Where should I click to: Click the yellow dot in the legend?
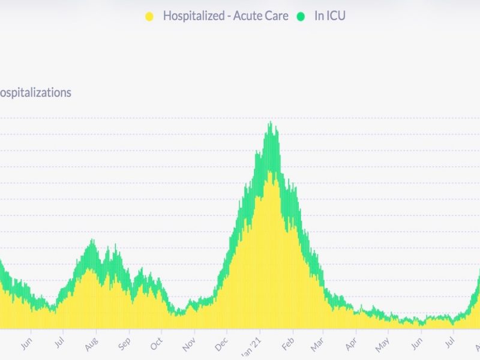[149, 16]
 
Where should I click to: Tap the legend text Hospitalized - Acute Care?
[226, 16]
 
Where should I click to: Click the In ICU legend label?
[330, 16]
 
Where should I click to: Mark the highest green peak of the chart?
[271, 122]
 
